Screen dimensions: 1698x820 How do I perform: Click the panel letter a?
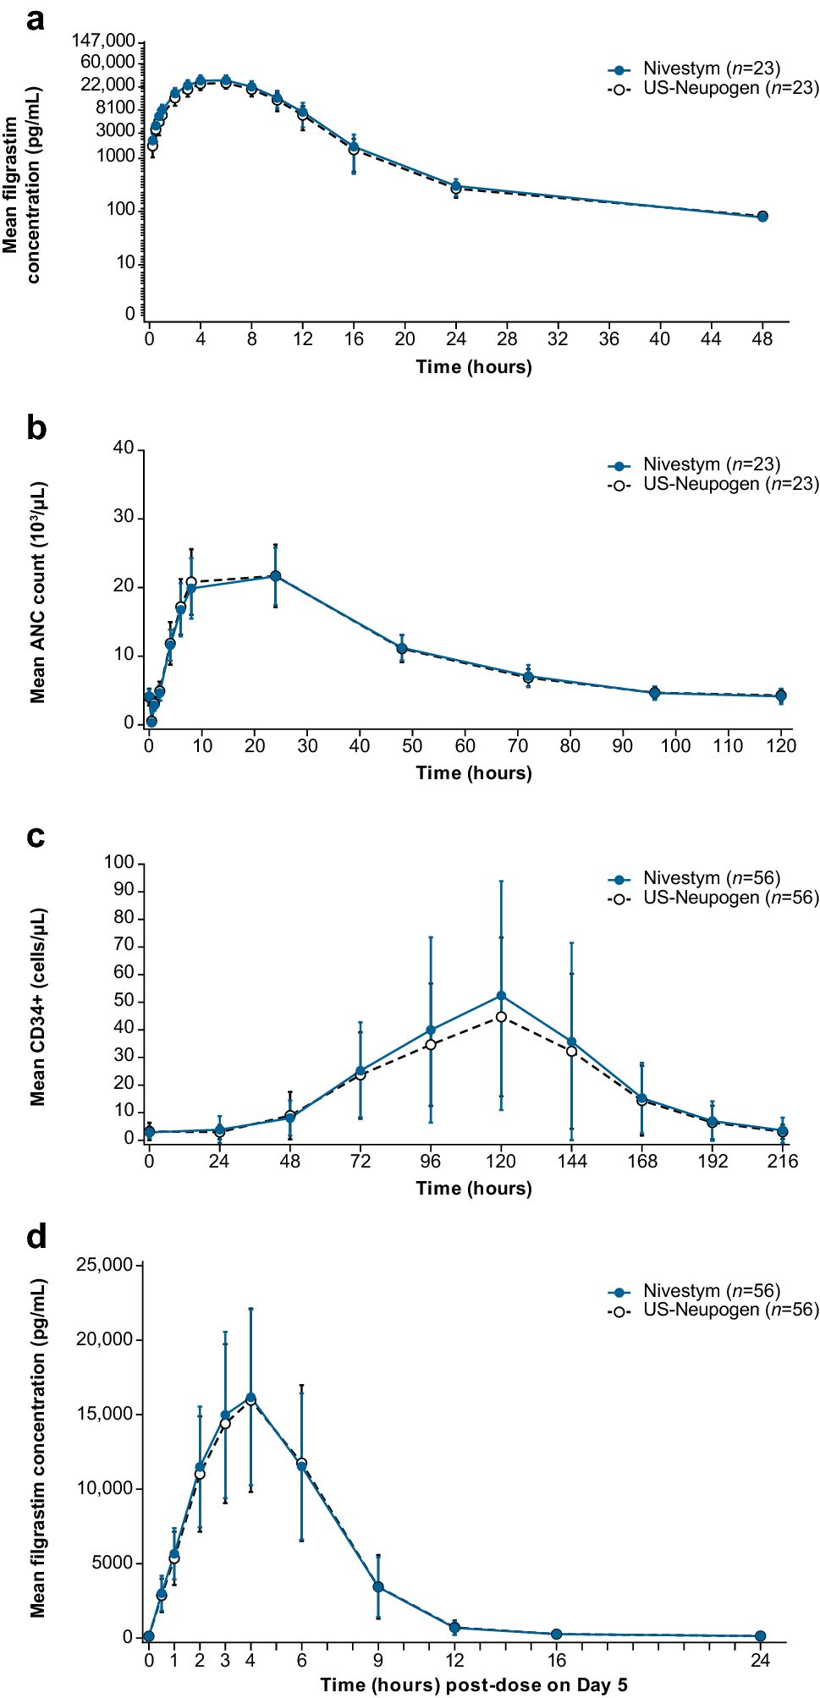[x=35, y=19]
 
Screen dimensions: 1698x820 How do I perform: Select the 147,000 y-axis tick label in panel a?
[x=103, y=41]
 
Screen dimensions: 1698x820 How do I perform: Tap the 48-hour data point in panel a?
[x=762, y=217]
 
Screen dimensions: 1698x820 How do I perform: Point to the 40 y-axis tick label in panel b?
[x=124, y=448]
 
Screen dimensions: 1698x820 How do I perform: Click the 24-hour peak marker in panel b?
[x=275, y=576]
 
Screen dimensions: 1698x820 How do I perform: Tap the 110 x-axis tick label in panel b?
[x=728, y=745]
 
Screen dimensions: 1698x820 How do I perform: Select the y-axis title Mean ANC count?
[x=37, y=592]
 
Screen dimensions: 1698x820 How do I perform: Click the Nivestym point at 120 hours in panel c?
[x=501, y=996]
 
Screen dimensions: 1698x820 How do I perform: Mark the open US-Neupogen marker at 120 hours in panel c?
[x=501, y=1017]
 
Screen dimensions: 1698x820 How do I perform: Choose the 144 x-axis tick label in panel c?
[x=572, y=1161]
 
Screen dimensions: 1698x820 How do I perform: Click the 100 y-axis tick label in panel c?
[x=118, y=862]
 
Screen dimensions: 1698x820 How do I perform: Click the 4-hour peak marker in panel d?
[x=250, y=1399]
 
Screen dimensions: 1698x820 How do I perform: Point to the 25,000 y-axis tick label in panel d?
[x=105, y=1265]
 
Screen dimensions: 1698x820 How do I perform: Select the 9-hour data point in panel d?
[x=378, y=1587]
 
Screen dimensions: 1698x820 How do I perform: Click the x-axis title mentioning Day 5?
[x=474, y=1684]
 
